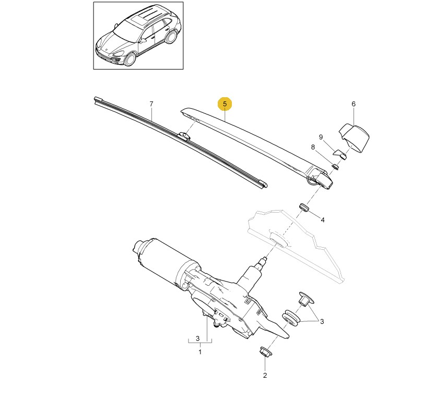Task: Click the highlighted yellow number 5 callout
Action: (x=225, y=104)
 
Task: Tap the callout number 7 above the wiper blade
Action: (x=151, y=103)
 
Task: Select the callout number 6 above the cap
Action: (x=353, y=104)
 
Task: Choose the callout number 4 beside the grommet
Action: (x=322, y=220)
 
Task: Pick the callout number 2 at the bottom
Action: (x=265, y=375)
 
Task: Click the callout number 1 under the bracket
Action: (x=199, y=352)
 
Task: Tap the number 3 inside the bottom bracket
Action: (x=198, y=339)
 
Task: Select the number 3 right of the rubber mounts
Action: (x=322, y=321)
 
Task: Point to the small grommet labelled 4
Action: (x=304, y=207)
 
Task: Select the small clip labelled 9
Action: (x=340, y=154)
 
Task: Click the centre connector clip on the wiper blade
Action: (x=184, y=136)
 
